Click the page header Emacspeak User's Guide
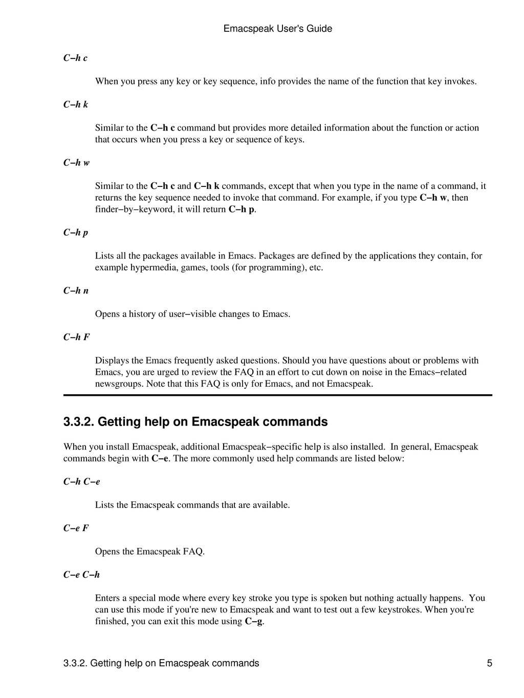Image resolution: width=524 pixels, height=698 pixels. point(278,29)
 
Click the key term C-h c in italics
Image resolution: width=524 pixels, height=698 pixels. point(75,58)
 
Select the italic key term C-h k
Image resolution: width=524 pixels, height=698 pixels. point(76,104)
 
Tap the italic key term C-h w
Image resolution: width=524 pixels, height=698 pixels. point(76,163)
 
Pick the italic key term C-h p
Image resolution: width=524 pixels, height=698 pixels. point(76,232)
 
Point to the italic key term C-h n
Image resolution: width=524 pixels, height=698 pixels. point(76,291)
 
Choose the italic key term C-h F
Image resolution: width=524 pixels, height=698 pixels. point(76,337)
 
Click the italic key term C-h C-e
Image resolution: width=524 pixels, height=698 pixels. point(82,481)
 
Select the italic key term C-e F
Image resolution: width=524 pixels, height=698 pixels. point(76,528)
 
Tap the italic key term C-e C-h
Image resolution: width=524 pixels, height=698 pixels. point(81,575)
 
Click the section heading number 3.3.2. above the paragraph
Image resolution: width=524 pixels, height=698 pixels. point(79,422)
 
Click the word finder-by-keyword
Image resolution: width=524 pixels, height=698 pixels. point(135,209)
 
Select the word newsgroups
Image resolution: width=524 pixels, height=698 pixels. point(119,384)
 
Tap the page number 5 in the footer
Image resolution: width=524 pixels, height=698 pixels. point(490,663)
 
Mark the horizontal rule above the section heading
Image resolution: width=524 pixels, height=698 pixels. point(278,395)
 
